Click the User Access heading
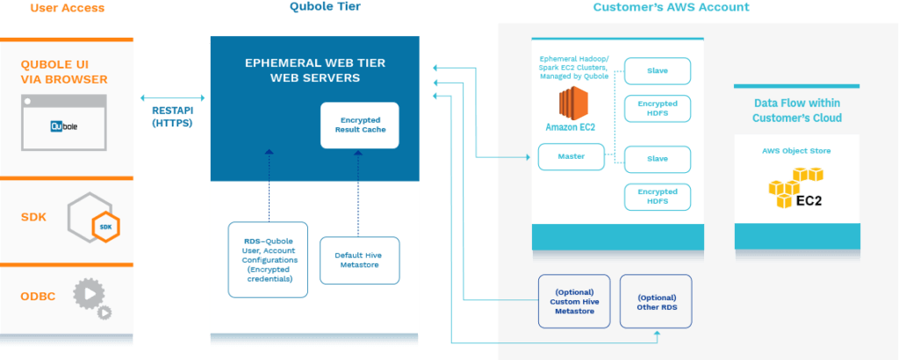(x=68, y=9)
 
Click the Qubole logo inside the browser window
(x=65, y=126)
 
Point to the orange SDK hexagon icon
(x=106, y=227)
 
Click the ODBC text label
(x=39, y=297)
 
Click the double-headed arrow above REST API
(x=172, y=98)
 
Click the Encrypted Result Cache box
(x=359, y=125)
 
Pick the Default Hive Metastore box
(x=359, y=260)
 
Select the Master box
(x=572, y=157)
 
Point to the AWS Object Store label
(x=795, y=151)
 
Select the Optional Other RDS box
(x=656, y=302)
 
